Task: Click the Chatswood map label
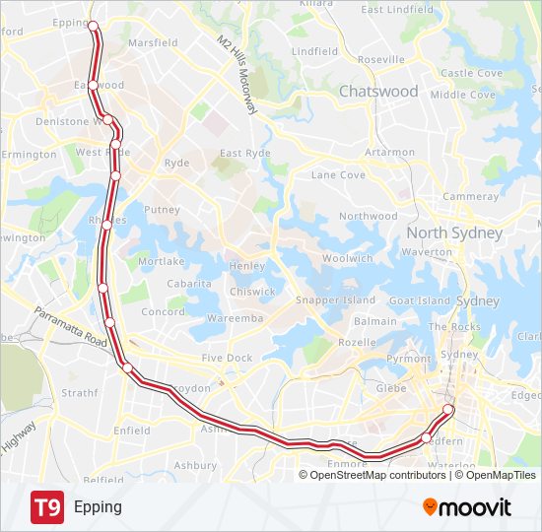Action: (378, 91)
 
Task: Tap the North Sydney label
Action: (454, 233)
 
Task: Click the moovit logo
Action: (467, 507)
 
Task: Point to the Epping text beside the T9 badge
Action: (98, 507)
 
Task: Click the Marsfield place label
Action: (153, 43)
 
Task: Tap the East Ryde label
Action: (244, 153)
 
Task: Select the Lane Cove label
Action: (338, 174)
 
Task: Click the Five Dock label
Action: (227, 359)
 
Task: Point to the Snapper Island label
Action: (336, 299)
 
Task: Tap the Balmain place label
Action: (375, 321)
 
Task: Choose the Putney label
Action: (162, 210)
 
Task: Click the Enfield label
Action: (131, 431)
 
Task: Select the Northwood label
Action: (368, 216)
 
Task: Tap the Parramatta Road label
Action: (69, 326)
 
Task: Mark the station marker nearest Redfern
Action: (427, 437)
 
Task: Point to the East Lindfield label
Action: (396, 10)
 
